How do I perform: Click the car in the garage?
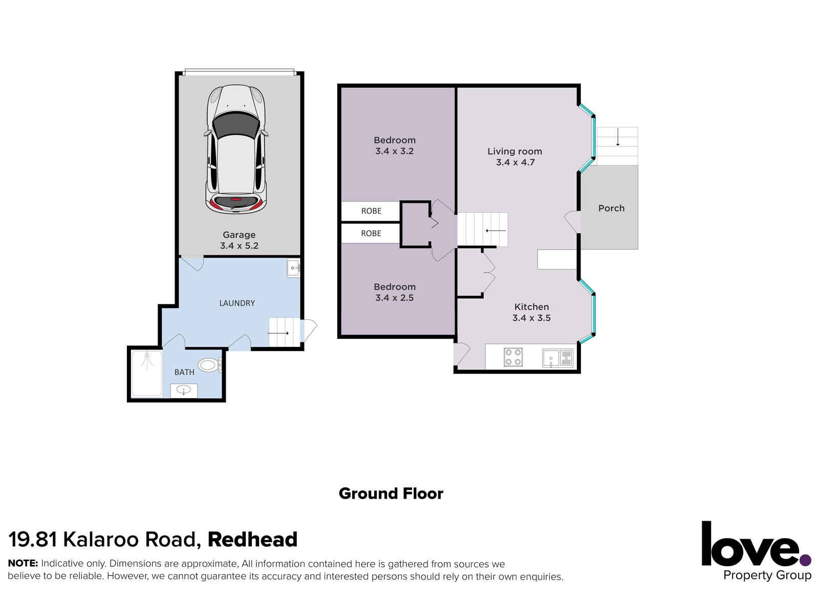click(236, 149)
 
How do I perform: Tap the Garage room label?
click(239, 235)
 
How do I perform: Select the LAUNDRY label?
click(237, 303)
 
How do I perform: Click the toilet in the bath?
click(210, 365)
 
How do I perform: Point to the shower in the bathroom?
click(146, 373)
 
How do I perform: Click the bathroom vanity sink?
click(184, 391)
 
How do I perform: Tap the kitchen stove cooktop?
click(513, 357)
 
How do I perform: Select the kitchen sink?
click(557, 358)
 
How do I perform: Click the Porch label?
click(611, 209)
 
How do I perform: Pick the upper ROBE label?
click(371, 211)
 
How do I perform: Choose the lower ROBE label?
click(371, 233)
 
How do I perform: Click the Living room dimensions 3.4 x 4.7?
click(515, 162)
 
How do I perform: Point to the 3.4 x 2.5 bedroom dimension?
click(394, 298)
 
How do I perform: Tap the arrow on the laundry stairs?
click(278, 333)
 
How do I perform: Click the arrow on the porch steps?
click(618, 137)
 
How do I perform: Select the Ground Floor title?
click(391, 494)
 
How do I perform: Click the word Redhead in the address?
click(252, 540)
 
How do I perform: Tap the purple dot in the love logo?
click(806, 561)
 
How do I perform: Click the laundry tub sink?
click(293, 268)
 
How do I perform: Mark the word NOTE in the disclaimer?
click(23, 563)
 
